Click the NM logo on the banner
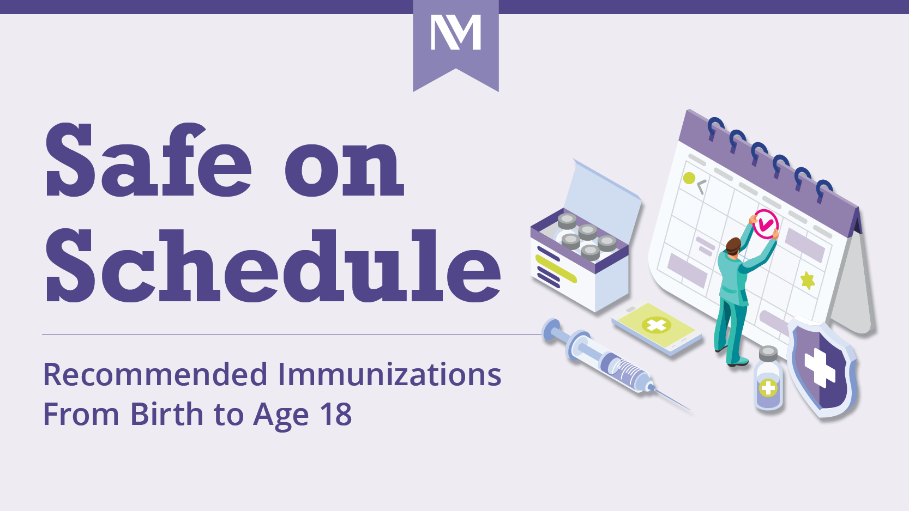coord(456,33)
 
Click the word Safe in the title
coord(148,160)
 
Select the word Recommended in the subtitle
coord(155,375)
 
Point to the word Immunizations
coord(389,375)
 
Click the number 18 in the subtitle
coord(336,415)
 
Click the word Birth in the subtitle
coord(167,415)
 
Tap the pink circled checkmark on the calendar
coord(766,224)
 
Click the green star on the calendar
coord(808,280)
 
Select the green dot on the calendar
coord(689,178)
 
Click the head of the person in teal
coord(733,246)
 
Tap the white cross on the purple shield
coord(819,368)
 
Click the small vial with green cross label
coord(768,381)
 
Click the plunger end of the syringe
coord(551,330)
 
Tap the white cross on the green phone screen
coord(656,326)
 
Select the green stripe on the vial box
coord(556,269)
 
